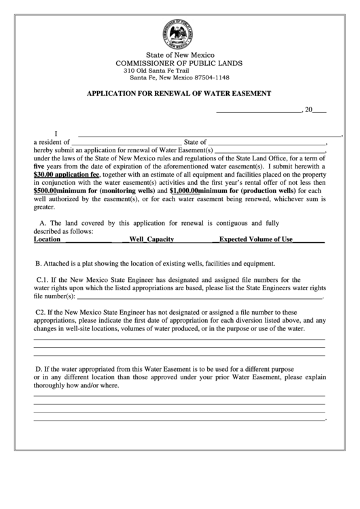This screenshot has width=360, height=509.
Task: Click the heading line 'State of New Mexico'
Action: (180, 54)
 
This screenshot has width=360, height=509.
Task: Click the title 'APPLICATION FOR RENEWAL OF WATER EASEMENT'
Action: (179, 93)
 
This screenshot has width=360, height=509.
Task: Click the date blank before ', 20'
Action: (258, 110)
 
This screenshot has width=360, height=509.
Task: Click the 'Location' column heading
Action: (47, 239)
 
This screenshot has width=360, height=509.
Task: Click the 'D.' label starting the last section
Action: (39, 368)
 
